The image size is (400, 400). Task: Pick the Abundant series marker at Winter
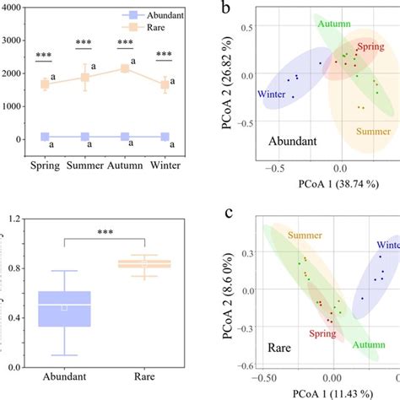point(165,137)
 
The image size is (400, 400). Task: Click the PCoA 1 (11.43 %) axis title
point(316,392)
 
